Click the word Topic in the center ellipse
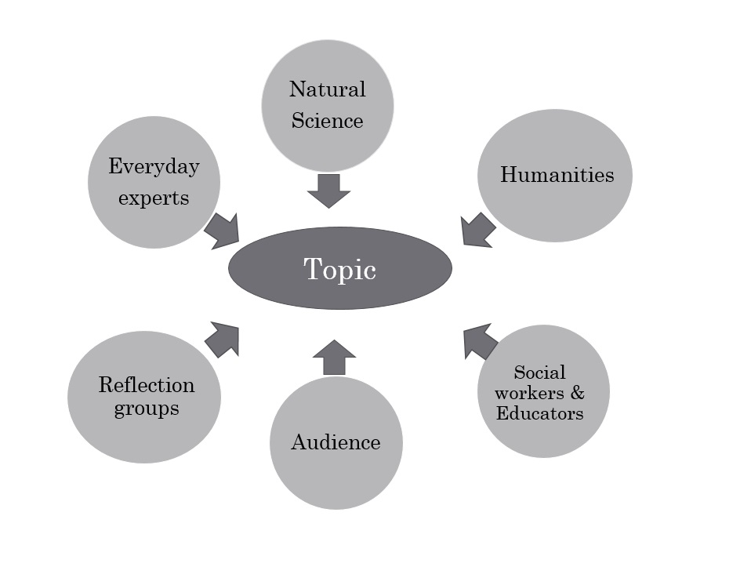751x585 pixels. (x=339, y=270)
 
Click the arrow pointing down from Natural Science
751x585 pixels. (x=328, y=191)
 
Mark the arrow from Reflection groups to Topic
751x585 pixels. (x=223, y=339)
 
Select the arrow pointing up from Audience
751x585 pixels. (x=334, y=358)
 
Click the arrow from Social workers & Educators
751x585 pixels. (x=479, y=341)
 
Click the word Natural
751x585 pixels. (x=327, y=89)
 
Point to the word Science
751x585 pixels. (x=327, y=121)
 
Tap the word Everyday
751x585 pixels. (x=154, y=167)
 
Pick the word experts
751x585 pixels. (x=154, y=198)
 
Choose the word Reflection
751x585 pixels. (x=146, y=385)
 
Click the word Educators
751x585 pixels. (x=539, y=412)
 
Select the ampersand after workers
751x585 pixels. (x=577, y=392)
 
